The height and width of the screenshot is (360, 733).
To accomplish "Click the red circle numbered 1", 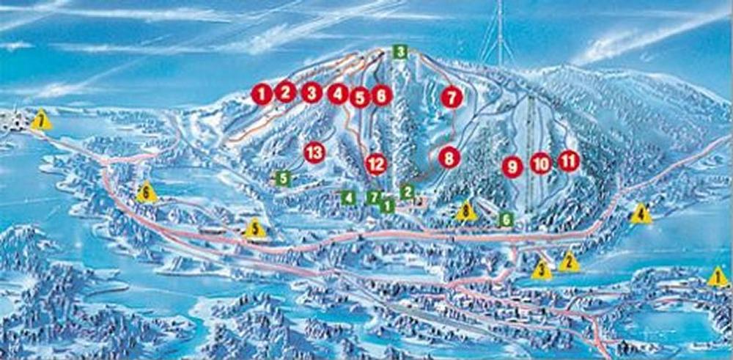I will [262, 93].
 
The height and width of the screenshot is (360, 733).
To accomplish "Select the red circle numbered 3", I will [312, 93].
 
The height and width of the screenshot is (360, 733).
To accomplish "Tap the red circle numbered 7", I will [452, 97].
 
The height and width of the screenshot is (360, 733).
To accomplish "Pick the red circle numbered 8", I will [449, 157].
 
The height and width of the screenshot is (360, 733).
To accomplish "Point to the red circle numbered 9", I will [512, 166].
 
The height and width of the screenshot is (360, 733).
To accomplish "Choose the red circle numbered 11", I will [568, 161].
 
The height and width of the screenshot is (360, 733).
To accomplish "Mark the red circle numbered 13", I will [314, 153].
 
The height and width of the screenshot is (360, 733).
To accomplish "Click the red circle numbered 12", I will [375, 164].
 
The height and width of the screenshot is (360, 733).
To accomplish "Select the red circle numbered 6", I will [382, 95].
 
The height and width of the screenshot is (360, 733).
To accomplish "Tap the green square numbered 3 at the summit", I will [399, 51].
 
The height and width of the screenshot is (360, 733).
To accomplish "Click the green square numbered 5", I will [282, 177].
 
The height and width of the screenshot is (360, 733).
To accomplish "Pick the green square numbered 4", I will [349, 197].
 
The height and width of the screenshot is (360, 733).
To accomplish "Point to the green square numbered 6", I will [505, 218].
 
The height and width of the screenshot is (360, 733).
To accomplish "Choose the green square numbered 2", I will [407, 191].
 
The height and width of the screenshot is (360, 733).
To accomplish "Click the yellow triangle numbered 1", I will [718, 277].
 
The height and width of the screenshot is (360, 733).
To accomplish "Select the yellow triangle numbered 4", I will [641, 214].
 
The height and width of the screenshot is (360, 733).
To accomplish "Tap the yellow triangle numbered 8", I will [466, 212].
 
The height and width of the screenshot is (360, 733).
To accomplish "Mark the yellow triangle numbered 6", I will [147, 193].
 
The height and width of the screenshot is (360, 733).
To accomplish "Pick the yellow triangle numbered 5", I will [254, 229].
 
